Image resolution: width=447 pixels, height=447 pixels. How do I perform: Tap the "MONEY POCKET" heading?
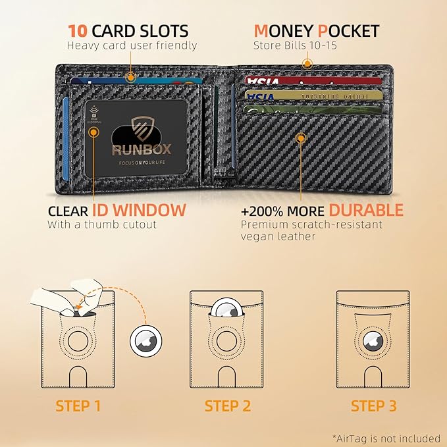316,31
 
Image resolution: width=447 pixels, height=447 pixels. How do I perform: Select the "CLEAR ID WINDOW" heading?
117,211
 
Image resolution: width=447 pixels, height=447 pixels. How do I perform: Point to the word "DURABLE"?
366,211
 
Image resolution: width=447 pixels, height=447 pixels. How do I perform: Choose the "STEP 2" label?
228,406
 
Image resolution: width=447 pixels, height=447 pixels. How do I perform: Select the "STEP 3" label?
373,406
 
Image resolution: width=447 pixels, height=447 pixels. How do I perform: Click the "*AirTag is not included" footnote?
386,438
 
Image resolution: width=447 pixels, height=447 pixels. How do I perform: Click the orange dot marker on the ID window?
94,131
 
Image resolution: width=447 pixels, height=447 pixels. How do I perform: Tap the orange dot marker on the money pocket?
306,64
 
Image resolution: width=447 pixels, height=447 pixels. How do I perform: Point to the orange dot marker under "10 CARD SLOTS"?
132,78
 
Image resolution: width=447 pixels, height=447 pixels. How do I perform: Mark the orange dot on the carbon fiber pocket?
302,138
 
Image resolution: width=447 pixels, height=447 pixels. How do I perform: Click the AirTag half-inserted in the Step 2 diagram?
228,311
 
